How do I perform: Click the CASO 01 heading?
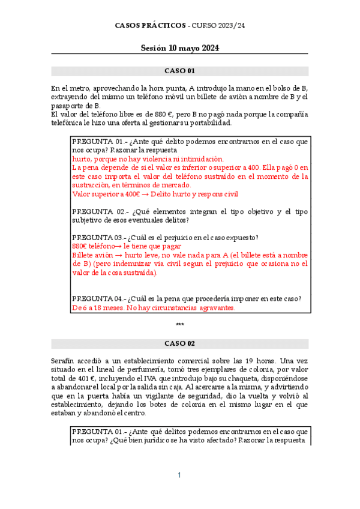pos(179,71)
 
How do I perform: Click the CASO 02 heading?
pos(179,344)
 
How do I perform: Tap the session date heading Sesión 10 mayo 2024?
pos(179,48)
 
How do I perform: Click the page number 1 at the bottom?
pos(179,475)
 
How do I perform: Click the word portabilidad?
pos(209,123)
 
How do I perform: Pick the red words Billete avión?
pos(90,255)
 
